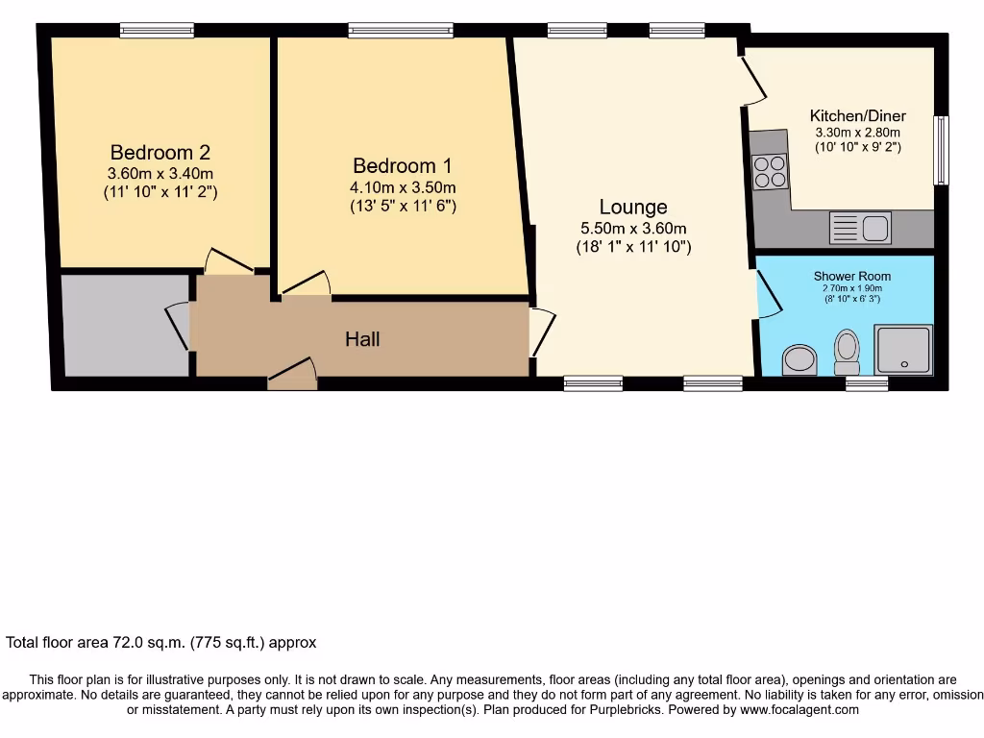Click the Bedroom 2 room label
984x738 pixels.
coord(160,153)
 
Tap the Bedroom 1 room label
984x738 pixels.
coord(403,165)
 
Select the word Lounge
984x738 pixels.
coord(633,208)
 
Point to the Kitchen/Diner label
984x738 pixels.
coord(858,116)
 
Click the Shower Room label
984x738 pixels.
coord(852,276)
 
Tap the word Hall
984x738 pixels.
coord(362,339)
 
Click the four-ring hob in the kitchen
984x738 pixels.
coord(770,171)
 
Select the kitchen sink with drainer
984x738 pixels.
coord(860,227)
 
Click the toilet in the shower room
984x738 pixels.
coord(848,352)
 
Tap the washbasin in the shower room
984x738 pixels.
coord(799,359)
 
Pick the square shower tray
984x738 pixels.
coord(903,350)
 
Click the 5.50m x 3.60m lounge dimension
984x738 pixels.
coord(633,229)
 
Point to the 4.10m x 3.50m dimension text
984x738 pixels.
coord(403,187)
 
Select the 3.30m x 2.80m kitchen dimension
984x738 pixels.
coord(858,133)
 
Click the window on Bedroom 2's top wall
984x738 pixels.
coord(157,30)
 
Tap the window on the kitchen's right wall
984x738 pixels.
coord(941,150)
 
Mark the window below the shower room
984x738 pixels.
coord(867,383)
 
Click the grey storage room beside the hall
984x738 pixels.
coord(126,325)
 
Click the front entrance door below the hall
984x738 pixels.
coord(292,374)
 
